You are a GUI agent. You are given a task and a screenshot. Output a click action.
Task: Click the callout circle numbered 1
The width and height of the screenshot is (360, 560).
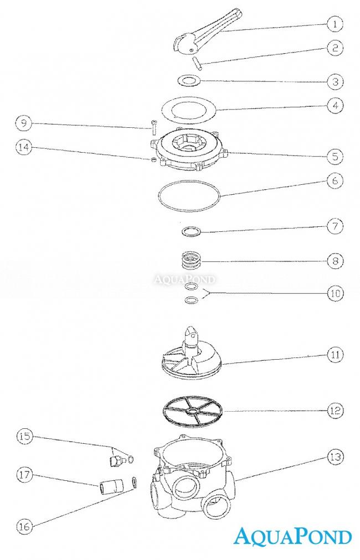pyautogui.click(x=335, y=24)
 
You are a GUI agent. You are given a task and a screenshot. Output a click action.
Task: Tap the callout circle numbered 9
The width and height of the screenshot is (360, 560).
pyautogui.click(x=24, y=123)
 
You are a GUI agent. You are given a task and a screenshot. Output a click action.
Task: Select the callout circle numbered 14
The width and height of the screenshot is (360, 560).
pyautogui.click(x=24, y=147)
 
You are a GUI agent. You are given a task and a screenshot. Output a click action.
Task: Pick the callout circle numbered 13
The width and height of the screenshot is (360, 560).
pyautogui.click(x=335, y=457)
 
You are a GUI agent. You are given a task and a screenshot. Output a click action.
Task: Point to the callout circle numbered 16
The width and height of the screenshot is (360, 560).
pyautogui.click(x=24, y=526)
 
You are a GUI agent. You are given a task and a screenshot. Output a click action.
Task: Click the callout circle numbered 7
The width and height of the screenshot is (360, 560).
pyautogui.click(x=335, y=226)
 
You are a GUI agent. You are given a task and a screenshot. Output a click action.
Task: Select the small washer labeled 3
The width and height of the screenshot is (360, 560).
pyautogui.click(x=189, y=80)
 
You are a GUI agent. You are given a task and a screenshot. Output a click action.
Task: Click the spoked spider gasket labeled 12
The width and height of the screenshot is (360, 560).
pyautogui.click(x=193, y=412)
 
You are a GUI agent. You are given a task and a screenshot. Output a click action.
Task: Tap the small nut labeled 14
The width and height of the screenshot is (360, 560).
pyautogui.click(x=153, y=159)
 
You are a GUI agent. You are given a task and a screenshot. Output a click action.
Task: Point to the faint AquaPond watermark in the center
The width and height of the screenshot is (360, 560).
pyautogui.click(x=185, y=278)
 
